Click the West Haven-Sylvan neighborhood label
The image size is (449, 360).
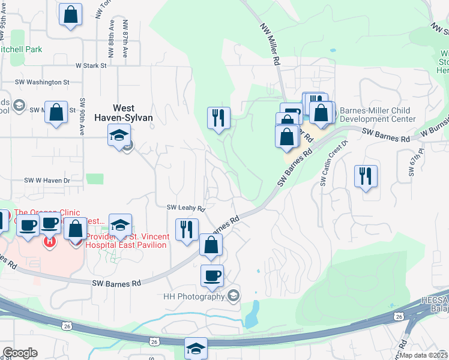125,113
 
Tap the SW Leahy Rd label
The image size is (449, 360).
186,208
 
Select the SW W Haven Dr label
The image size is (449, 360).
47,180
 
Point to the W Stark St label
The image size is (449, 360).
91,65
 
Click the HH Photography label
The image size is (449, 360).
194,296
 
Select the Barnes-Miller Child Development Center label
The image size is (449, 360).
378,115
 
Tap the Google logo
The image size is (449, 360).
20,353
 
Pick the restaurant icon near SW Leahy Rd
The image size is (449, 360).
187,229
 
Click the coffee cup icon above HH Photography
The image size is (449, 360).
212,275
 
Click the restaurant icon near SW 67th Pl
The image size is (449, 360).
366,176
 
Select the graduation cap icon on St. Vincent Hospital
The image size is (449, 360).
120,225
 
